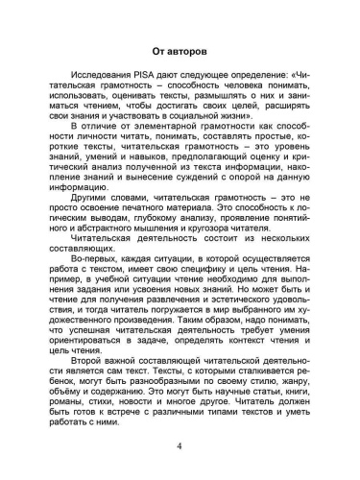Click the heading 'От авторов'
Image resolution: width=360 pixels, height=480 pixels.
click(x=180, y=50)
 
